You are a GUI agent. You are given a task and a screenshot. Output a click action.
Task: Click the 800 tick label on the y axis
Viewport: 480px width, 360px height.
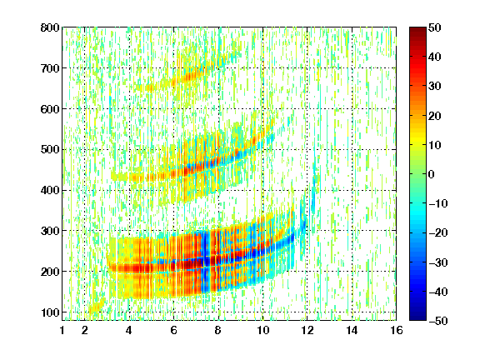pos(50,27)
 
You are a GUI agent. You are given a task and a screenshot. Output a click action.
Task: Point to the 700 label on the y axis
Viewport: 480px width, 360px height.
pos(50,68)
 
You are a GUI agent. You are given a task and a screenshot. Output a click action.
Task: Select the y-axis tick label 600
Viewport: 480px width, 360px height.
pos(50,109)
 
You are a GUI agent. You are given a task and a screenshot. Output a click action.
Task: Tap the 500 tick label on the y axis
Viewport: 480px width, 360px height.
pos(50,150)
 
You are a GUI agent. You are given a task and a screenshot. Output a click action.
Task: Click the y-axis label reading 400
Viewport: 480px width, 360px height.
pos(50,190)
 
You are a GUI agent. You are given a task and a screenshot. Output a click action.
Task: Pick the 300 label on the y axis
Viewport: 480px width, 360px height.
pos(50,231)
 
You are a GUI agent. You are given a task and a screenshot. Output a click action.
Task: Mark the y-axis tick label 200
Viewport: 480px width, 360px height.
pos(50,272)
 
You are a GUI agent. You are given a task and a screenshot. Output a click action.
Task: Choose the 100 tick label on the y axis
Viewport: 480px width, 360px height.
pos(50,312)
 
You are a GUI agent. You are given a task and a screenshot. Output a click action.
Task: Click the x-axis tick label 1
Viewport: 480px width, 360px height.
pos(62,330)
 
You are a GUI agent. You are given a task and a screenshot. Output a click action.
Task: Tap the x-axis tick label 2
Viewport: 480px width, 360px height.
pos(85,330)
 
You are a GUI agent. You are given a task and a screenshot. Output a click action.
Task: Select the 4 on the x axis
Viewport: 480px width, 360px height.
pos(129,330)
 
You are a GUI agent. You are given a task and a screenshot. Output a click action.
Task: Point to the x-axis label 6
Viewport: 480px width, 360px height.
pos(173,330)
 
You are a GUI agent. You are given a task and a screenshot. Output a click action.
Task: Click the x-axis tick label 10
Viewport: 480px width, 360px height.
pos(262,330)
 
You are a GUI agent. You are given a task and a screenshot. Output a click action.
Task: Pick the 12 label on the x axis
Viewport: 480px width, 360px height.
pos(307,330)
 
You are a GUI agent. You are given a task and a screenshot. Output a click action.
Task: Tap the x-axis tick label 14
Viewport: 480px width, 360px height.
pos(352,330)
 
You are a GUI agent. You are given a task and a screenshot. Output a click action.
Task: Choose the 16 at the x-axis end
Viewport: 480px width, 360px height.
pos(397,330)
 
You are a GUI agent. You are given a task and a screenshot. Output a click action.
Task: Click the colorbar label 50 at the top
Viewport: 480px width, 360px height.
pos(434,27)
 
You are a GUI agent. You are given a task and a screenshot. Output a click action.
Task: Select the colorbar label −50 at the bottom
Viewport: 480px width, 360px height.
pos(438,321)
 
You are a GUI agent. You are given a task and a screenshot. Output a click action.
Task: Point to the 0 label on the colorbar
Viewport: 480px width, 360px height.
pos(432,174)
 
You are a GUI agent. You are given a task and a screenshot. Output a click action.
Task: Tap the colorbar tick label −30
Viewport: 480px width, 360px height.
pos(438,262)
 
